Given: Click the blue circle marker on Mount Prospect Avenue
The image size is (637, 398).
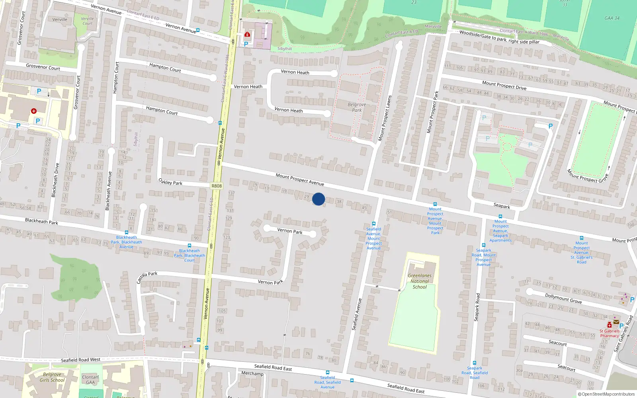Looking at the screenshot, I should coord(318,199).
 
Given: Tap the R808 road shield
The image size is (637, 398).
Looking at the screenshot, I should coord(217,186).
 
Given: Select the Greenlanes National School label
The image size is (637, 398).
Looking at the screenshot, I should coord(420,281).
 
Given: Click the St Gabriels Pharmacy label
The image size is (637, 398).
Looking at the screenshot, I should coord(610,333).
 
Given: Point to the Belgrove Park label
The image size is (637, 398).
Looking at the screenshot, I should coord(357,107).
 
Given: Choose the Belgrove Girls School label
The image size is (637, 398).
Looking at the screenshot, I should coord(52,377).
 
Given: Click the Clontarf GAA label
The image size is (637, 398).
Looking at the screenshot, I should coord(90,380).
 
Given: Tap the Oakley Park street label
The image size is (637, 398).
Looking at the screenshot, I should coord(170,182).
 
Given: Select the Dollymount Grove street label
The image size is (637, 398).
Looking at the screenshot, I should coord(563,298).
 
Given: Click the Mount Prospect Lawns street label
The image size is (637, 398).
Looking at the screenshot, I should coord(385,118).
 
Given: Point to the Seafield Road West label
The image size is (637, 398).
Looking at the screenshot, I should coord(80,360).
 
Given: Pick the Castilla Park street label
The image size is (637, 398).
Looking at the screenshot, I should coord(147,277).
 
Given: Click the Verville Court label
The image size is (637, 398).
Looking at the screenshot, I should coord(88,21).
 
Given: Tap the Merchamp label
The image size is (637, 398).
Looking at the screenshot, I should coord(252,373).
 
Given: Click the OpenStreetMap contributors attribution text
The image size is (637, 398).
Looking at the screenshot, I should coord(606,394).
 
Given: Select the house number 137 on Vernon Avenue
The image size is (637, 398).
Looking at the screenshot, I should coord(231,193).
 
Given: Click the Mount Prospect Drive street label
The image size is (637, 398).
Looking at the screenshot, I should coord(504,86).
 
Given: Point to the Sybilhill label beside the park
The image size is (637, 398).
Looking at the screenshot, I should coord(284,49).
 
